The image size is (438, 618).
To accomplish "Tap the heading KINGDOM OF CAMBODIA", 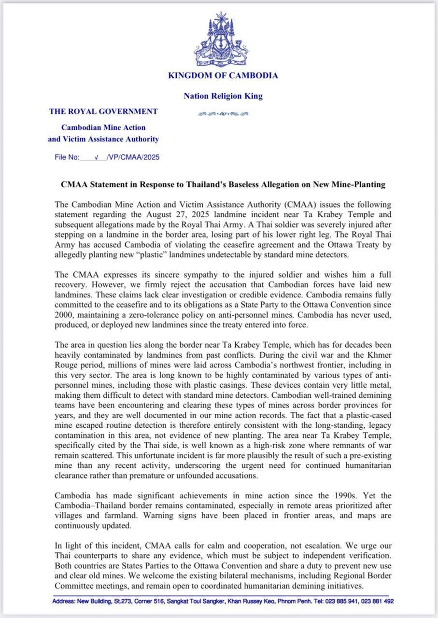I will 223,75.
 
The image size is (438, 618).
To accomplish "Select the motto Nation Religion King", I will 223,96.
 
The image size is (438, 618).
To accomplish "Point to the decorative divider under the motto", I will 223,114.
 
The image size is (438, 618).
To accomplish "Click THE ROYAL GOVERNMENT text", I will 103,112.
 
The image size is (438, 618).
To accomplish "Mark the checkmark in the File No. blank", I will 97,157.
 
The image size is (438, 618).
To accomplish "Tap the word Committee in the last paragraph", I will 76,587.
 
